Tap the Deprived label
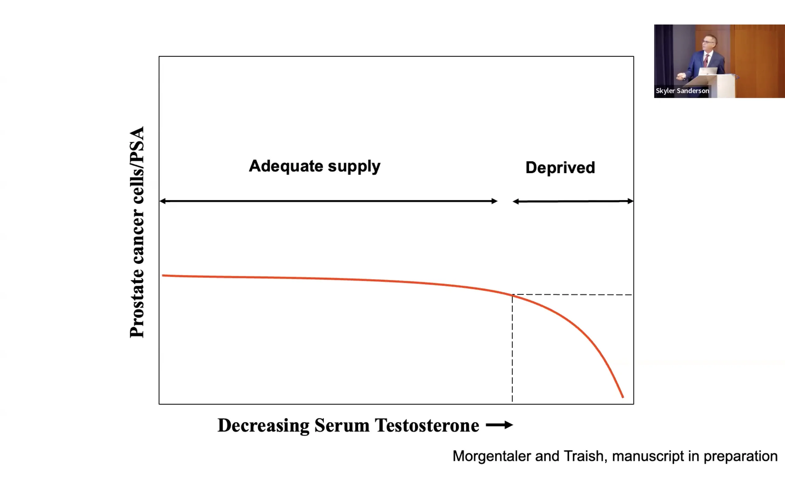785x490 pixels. click(560, 168)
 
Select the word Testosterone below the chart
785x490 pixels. click(427, 425)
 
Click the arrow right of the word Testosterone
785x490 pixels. click(499, 425)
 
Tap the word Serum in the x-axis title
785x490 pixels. click(342, 425)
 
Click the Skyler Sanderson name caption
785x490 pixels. click(682, 91)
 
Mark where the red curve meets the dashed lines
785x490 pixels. click(512, 295)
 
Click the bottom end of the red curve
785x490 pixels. click(622, 397)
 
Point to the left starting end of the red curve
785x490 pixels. click(163, 275)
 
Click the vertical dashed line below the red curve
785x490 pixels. click(512, 350)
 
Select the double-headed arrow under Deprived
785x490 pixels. click(573, 201)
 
